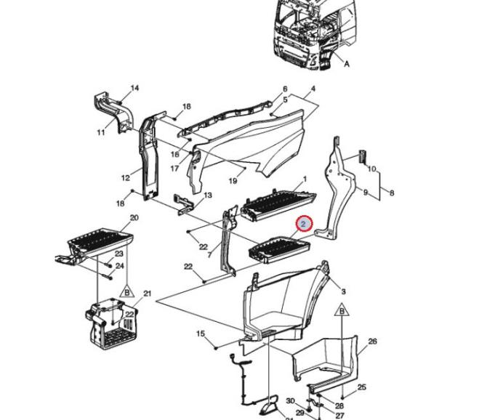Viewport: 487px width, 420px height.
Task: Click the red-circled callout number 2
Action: (x=304, y=224)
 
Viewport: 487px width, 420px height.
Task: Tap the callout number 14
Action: (x=134, y=88)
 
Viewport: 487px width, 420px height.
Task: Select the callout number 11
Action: (x=101, y=132)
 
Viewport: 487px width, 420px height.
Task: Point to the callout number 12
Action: (x=126, y=178)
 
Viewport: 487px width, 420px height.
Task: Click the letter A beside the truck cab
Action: (x=347, y=64)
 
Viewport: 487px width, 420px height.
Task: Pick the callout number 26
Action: (x=372, y=342)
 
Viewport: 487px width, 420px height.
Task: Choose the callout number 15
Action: (x=201, y=334)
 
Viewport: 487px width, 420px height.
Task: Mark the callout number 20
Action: (x=134, y=218)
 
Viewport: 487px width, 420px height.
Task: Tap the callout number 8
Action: (x=392, y=193)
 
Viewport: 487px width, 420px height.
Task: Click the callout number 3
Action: (x=343, y=292)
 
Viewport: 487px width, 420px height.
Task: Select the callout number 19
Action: (x=233, y=181)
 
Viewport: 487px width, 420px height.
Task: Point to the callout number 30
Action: (x=290, y=401)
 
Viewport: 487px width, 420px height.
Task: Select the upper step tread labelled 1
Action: (x=278, y=204)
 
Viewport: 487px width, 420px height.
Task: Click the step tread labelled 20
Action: (x=100, y=241)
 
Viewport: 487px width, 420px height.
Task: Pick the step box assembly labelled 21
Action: (x=111, y=324)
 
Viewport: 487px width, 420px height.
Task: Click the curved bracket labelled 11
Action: (x=113, y=112)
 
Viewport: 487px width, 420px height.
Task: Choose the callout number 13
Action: (x=207, y=195)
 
